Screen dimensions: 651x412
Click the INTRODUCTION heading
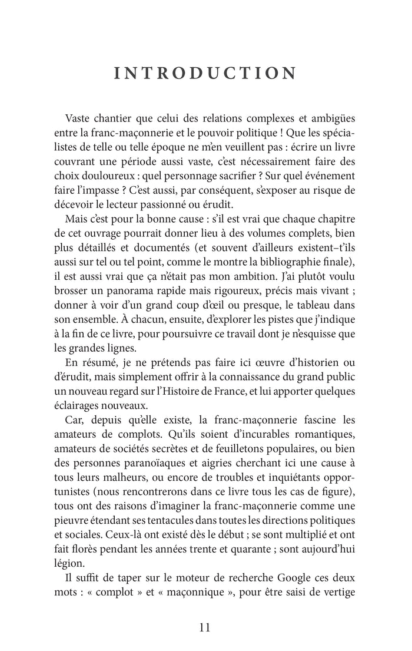point(205,74)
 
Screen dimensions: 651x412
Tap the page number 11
point(205,626)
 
